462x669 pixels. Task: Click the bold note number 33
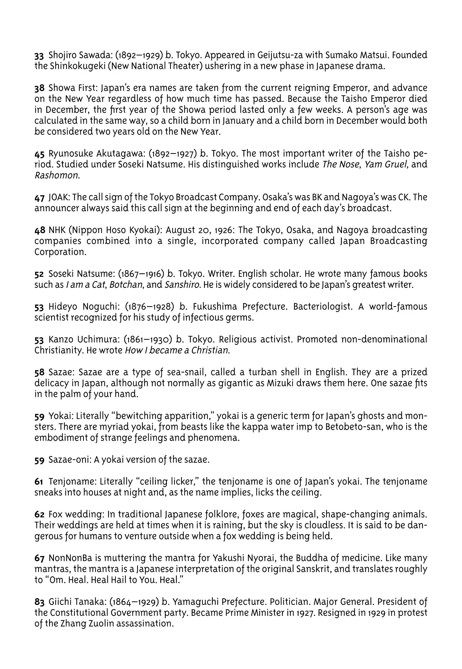tap(39, 55)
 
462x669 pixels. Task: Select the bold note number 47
tap(39, 198)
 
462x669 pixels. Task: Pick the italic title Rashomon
tap(57, 176)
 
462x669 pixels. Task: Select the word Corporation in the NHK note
tap(60, 252)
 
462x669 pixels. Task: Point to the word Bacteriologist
tap(323, 306)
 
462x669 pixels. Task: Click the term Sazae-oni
tap(70, 460)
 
